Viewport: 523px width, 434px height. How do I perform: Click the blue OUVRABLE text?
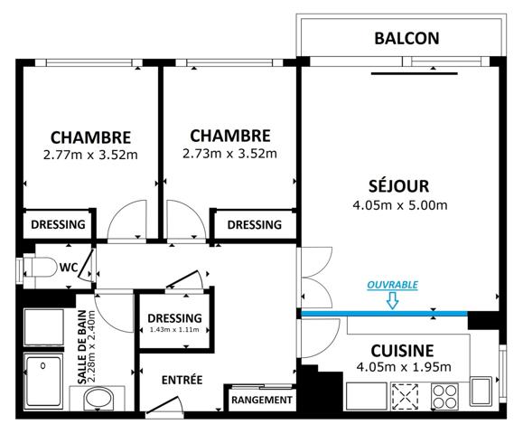click(x=392, y=284)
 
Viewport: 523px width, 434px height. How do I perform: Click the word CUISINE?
click(x=403, y=350)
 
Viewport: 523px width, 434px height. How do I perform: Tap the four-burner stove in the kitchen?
click(x=444, y=395)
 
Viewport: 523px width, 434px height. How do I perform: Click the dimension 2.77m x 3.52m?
click(x=90, y=155)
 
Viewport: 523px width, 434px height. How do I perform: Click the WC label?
click(x=68, y=268)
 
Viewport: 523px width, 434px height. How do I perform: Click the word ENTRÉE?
click(x=182, y=379)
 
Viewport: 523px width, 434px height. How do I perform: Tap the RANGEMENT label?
click(x=262, y=399)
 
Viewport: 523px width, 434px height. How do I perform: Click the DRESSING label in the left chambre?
click(x=58, y=224)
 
